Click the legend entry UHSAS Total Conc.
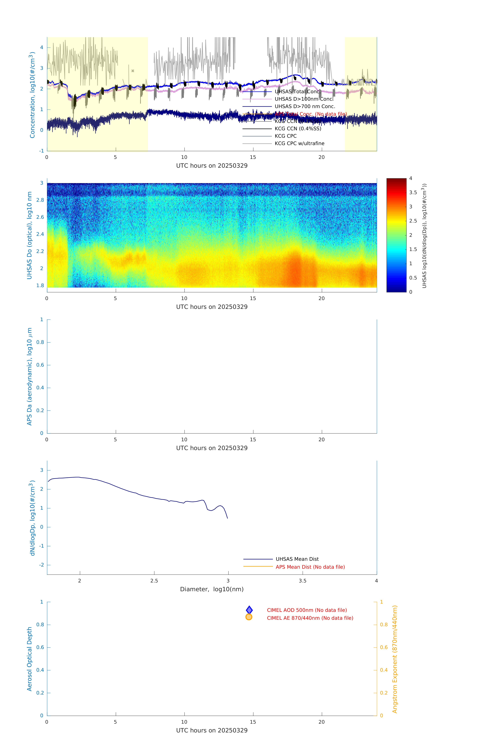[297, 92]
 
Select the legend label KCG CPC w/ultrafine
[299, 144]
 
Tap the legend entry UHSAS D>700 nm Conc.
[305, 107]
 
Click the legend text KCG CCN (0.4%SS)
[298, 129]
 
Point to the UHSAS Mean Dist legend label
[297, 559]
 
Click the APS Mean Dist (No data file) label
[310, 567]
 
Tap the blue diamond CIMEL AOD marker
[249, 610]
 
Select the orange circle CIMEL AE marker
[249, 617]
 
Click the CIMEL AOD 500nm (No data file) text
[306, 610]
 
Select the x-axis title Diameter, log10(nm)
[212, 589]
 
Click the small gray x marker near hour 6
[133, 71]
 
